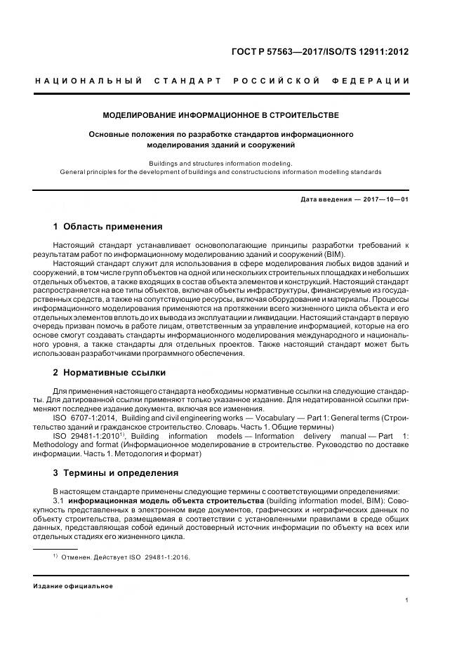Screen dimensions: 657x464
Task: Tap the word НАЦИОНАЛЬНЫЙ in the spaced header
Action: pos(89,81)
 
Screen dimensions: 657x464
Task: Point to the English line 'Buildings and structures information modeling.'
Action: pos(220,162)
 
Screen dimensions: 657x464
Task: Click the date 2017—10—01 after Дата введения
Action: pos(386,199)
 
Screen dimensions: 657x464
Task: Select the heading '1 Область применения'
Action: pos(107,227)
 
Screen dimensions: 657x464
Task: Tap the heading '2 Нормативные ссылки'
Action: pos(110,372)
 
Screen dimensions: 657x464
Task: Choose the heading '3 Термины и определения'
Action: pos(116,472)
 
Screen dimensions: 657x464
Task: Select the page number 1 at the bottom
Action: pos(406,599)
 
